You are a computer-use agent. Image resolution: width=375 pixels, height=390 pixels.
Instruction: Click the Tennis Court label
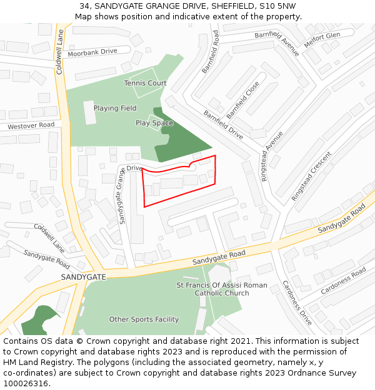[145, 83]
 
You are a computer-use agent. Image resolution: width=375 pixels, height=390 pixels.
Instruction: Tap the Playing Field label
[115, 108]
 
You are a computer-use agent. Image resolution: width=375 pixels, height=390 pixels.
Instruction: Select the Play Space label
[154, 123]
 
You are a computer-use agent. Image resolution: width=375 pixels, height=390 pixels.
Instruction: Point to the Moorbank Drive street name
[92, 51]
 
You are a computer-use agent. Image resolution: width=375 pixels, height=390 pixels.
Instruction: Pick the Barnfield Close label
[243, 100]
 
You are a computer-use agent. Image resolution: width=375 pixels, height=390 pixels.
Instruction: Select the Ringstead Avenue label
[272, 156]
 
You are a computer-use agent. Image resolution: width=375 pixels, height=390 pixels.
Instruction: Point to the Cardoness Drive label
[296, 302]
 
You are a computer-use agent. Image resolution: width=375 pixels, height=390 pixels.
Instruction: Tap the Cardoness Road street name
[343, 281]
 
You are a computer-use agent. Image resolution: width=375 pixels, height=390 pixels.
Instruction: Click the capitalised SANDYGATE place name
[83, 276]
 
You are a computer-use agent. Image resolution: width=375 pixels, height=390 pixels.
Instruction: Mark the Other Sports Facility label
[144, 319]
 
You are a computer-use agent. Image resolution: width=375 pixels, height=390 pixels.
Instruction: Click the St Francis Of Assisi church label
[222, 289]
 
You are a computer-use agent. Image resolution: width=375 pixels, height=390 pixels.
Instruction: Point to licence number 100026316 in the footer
[26, 384]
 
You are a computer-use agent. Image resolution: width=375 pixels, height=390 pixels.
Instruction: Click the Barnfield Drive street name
[223, 124]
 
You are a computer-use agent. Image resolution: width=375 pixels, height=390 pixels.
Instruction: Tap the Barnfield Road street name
[211, 52]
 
